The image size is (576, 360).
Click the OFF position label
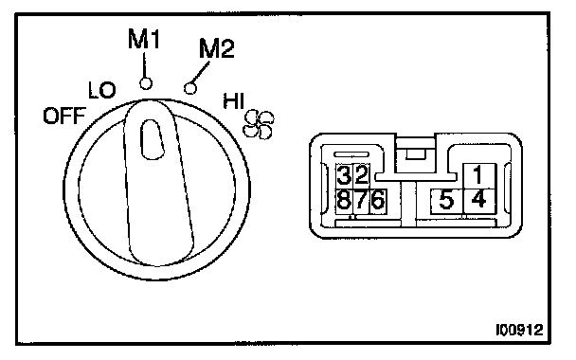click(64, 116)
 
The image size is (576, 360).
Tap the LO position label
click(102, 90)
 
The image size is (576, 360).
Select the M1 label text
click(144, 39)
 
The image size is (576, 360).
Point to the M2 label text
click(216, 48)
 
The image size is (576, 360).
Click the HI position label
click(234, 101)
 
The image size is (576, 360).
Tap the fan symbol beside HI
click(259, 124)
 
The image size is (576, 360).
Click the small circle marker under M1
click(146, 83)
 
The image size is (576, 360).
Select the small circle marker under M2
click(189, 88)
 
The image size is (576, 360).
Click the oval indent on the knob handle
click(152, 139)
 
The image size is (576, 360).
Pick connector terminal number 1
click(479, 175)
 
